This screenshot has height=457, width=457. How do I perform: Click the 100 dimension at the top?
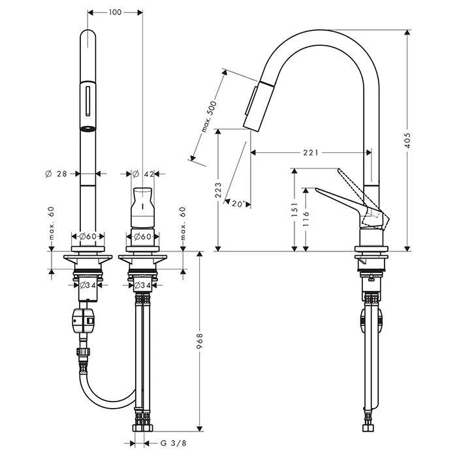tap(115, 12)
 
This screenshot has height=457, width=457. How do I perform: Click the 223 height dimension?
tap(218, 190)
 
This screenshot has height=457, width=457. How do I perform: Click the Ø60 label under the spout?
tap(87, 236)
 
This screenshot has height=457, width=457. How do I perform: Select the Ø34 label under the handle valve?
tap(142, 285)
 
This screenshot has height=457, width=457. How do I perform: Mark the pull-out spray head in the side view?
tap(255, 105)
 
